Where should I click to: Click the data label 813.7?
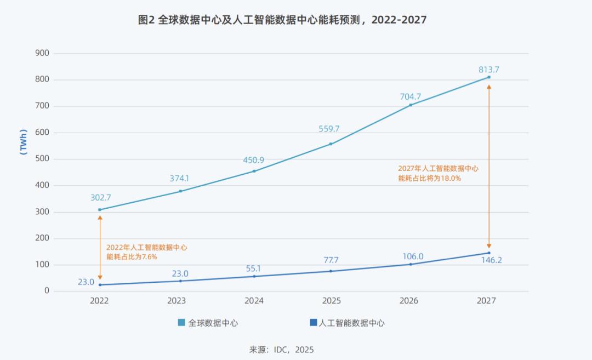[488, 70]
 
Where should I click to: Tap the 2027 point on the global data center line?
[489, 77]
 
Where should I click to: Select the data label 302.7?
[101, 198]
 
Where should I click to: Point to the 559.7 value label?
[329, 129]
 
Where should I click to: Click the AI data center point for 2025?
[331, 271]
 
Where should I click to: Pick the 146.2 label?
[491, 260]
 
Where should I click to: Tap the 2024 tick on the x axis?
[254, 301]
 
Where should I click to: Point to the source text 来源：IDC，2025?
[281, 350]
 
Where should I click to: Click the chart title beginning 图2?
[282, 20]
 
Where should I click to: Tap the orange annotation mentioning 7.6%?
[146, 252]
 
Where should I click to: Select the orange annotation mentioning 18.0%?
[438, 173]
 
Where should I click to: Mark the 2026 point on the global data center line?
[411, 105]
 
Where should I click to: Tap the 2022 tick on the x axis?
[99, 301]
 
